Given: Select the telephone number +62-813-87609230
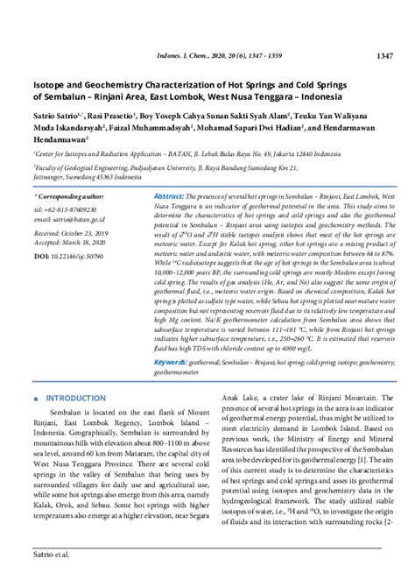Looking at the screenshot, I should (x=70, y=211).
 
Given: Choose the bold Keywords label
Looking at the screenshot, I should (x=174, y=361).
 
